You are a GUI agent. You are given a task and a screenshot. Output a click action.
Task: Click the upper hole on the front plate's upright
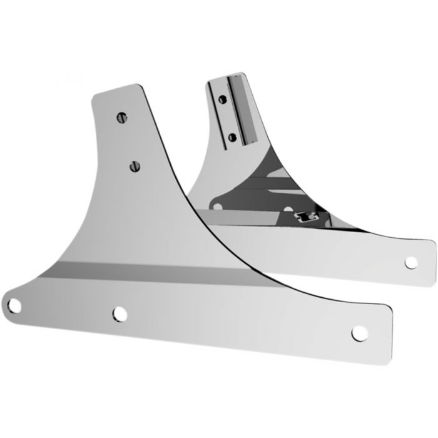click(x=121, y=116)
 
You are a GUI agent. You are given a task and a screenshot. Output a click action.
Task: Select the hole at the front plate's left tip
click(x=15, y=305)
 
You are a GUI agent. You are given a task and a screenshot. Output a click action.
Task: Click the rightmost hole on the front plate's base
click(x=359, y=332)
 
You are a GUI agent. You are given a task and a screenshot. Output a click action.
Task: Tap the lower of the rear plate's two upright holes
click(x=232, y=136)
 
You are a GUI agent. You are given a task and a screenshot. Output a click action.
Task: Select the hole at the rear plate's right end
click(x=412, y=263)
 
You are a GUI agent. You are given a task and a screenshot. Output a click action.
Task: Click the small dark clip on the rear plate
click(x=305, y=217)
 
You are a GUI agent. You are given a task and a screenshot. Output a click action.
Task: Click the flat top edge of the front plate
click(x=116, y=89)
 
